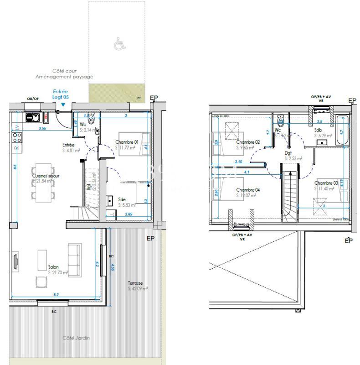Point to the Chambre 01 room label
126,145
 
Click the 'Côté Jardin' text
76,338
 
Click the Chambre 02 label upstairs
247,145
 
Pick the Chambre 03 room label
326,185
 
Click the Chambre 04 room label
247,192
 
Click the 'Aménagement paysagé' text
64,77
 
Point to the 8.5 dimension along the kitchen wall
15,167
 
